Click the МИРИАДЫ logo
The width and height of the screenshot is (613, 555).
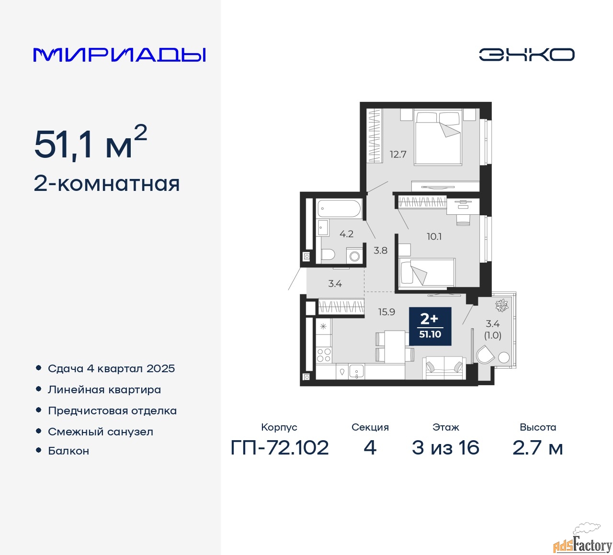tap(119, 55)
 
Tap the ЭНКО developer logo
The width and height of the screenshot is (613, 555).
tap(526, 55)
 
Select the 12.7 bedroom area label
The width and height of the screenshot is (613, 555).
tap(398, 154)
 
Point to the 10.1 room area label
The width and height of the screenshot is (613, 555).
tap(434, 236)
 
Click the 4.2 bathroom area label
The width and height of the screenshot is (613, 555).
tap(346, 234)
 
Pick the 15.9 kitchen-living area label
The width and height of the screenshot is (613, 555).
tap(386, 311)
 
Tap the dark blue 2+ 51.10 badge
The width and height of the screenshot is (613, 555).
tap(430, 326)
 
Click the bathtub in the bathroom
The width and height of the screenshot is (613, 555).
tap(339, 209)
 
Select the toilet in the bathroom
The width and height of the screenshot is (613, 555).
tap(328, 255)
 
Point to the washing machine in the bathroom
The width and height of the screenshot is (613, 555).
tap(354, 255)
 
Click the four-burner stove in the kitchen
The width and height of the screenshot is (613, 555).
tap(324, 355)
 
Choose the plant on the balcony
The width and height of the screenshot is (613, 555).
tap(501, 305)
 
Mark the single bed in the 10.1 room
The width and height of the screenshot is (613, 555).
tap(427, 272)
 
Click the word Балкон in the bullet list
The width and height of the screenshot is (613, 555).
tap(68, 451)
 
